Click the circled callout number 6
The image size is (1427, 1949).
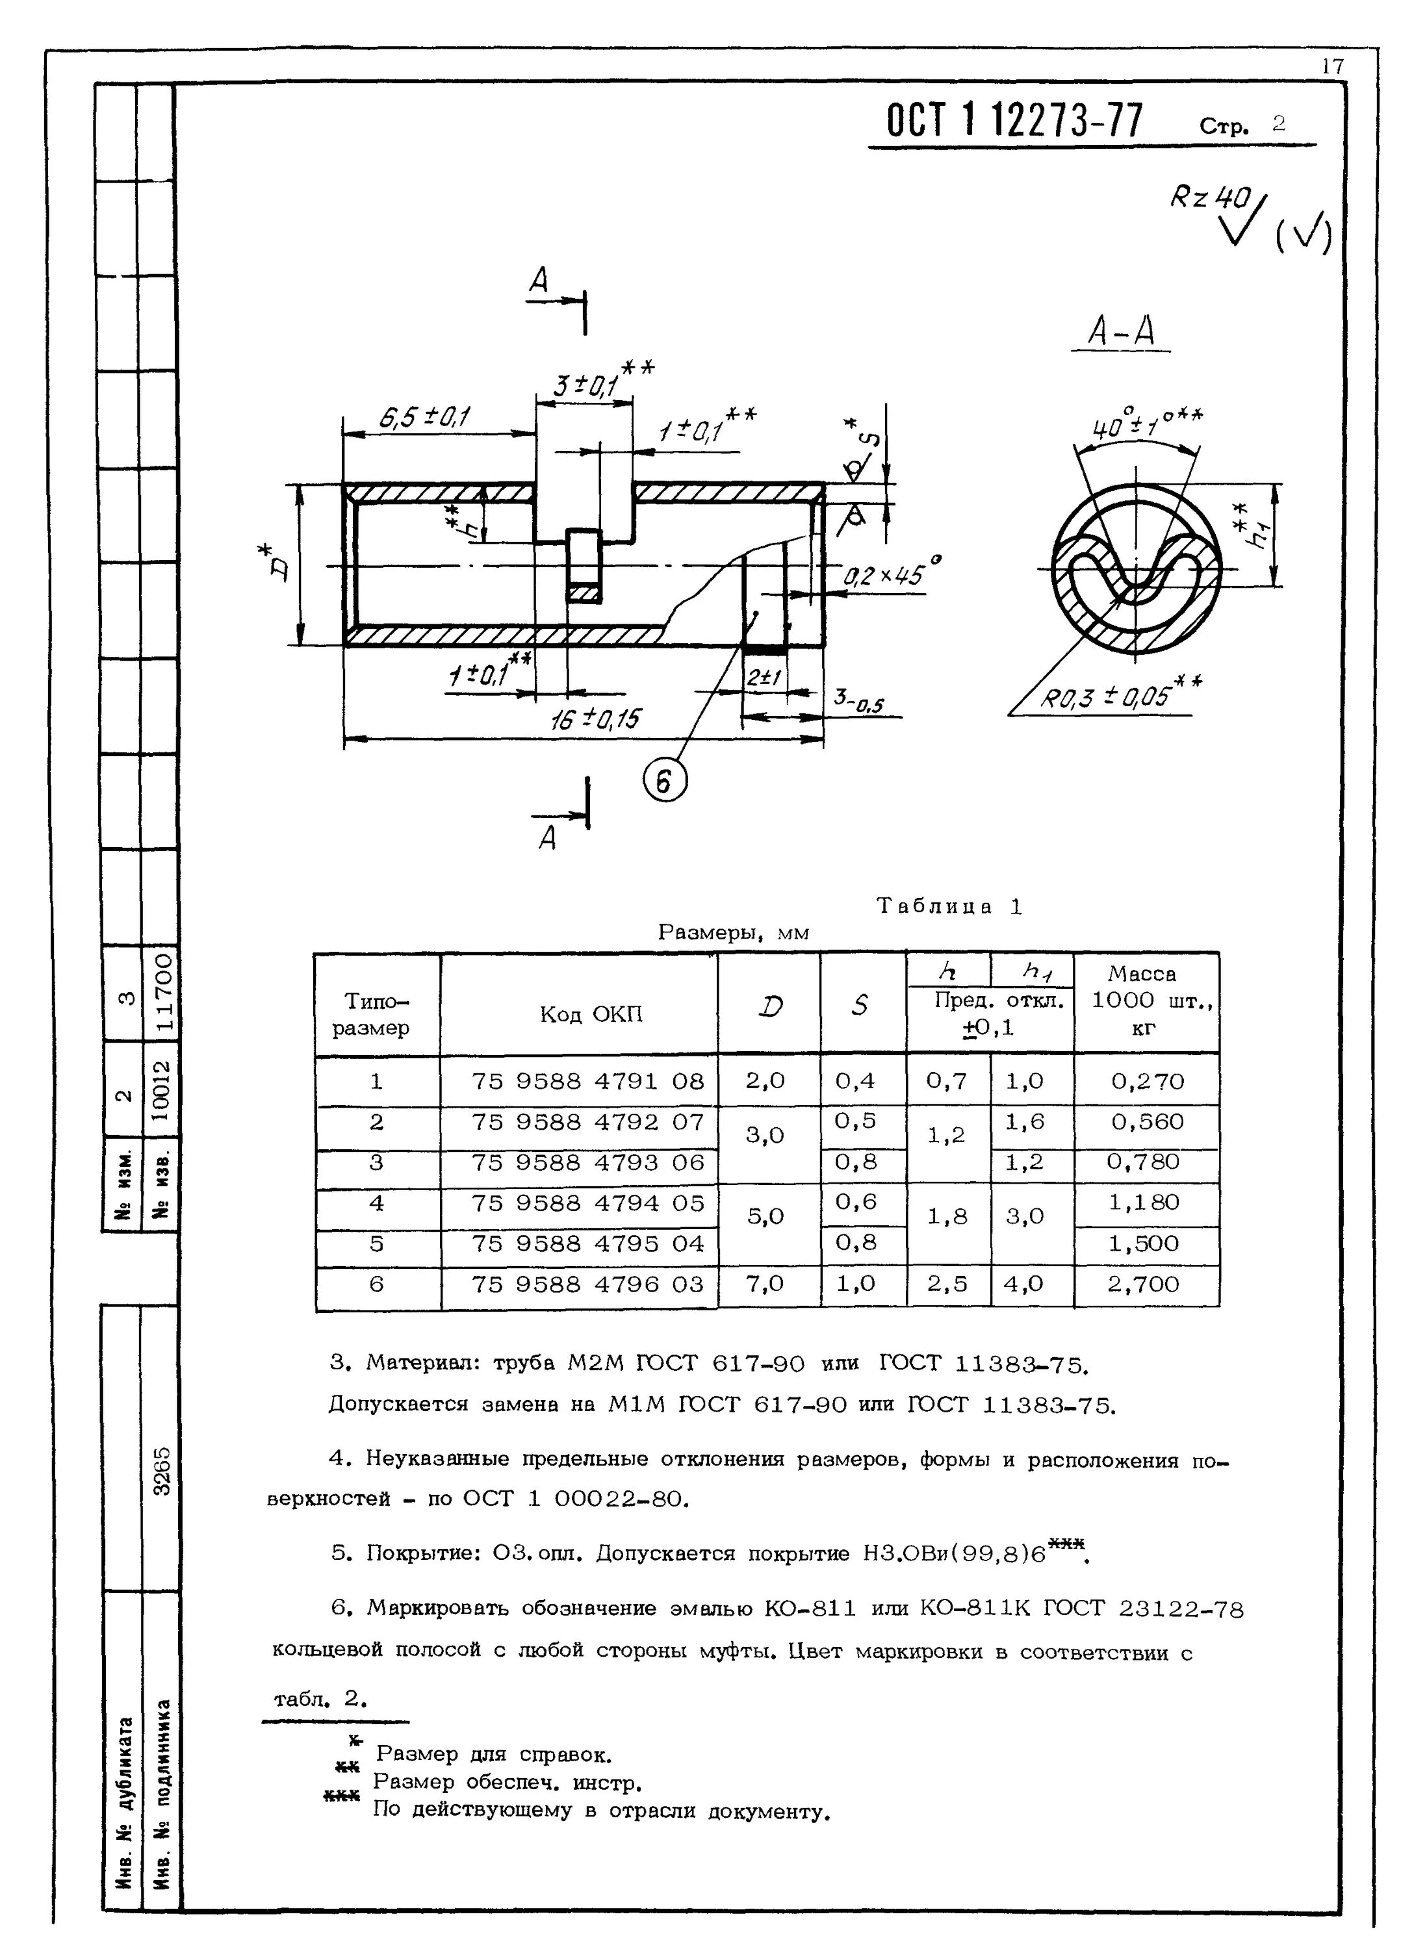pyautogui.click(x=664, y=782)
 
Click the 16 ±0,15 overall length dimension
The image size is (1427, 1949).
pyautogui.click(x=595, y=719)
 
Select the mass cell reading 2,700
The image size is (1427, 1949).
pyautogui.click(x=1143, y=1284)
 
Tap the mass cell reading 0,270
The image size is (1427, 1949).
pyautogui.click(x=1147, y=1081)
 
